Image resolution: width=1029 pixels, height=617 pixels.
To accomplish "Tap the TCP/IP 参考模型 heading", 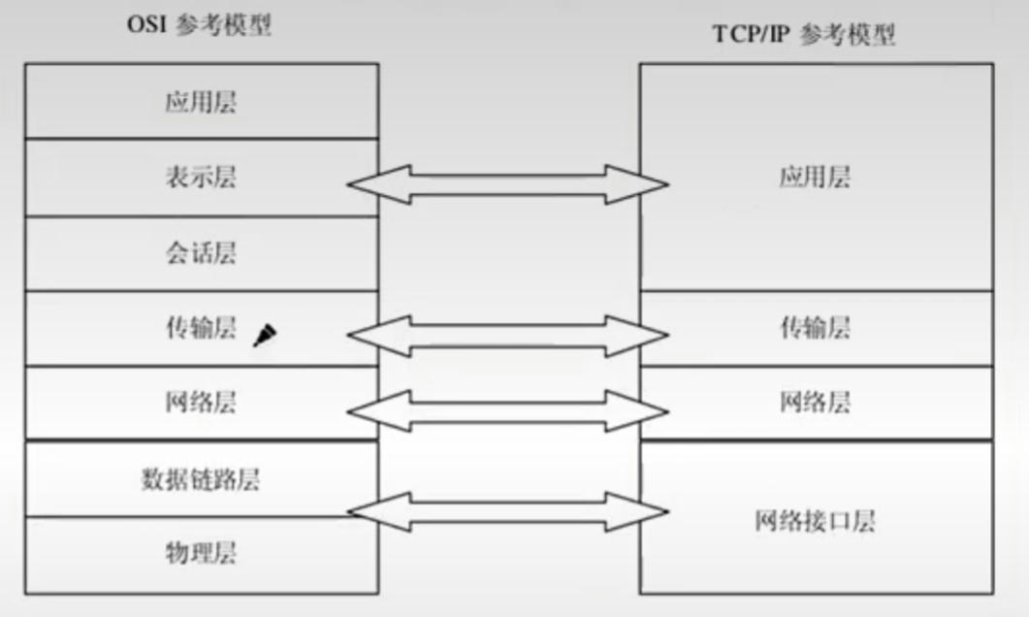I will click(x=804, y=36).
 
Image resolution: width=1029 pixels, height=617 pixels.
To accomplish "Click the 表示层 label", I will click(x=201, y=178).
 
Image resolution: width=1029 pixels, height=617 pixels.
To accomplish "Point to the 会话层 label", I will click(x=201, y=253).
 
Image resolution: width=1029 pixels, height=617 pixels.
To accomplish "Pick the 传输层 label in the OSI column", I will click(x=201, y=329).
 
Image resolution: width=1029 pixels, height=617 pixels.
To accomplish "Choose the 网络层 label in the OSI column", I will click(x=201, y=403).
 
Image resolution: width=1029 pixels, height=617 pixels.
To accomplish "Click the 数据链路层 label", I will click(x=201, y=478).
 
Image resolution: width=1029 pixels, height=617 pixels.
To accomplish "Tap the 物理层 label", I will click(x=201, y=554).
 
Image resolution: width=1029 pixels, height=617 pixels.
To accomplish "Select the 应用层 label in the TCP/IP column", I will click(x=815, y=178).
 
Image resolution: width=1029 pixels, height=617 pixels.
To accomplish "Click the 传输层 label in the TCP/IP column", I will click(x=815, y=329).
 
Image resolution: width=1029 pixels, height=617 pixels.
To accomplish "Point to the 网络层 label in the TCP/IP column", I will click(x=815, y=403).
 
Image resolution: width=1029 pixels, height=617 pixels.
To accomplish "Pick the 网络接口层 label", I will click(x=815, y=521).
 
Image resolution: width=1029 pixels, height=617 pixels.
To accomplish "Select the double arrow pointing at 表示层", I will click(x=508, y=184).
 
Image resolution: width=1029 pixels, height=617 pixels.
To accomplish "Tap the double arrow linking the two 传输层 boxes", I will click(x=508, y=336).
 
